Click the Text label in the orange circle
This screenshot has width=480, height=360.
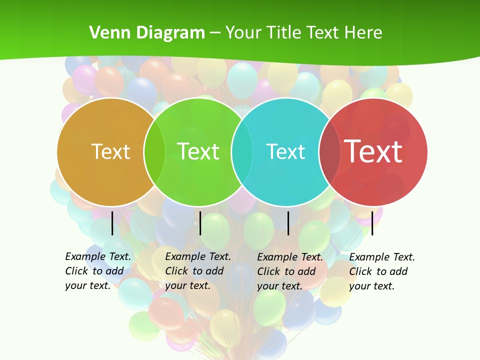click(110, 151)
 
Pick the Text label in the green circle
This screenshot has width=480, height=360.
click(198, 151)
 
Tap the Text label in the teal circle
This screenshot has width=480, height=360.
click(285, 151)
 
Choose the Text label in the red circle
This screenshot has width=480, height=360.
click(373, 151)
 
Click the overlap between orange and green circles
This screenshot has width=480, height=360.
click(154, 152)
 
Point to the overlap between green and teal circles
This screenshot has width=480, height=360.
click(242, 152)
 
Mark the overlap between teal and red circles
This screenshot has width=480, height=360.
click(329, 152)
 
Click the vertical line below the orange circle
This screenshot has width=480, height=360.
click(112, 223)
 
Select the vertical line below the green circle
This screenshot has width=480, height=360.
click(200, 223)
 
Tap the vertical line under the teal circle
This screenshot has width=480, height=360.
click(288, 223)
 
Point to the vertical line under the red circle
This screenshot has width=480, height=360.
click(372, 223)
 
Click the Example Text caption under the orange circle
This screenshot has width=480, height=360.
click(97, 270)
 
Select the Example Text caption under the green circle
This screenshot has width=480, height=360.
click(197, 270)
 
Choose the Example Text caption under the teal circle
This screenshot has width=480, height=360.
click(289, 271)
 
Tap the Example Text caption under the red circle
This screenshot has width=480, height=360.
click(381, 271)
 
